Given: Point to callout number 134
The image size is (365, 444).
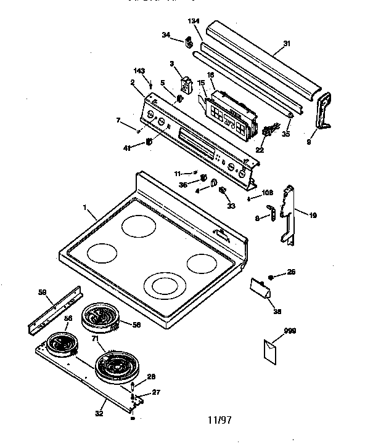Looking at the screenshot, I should click(x=194, y=22).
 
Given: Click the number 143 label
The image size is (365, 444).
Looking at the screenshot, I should click(x=139, y=71).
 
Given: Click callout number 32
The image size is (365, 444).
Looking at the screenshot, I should click(x=99, y=413).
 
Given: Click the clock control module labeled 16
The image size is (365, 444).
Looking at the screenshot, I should click(x=229, y=115).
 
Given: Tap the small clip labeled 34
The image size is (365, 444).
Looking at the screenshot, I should click(x=187, y=43).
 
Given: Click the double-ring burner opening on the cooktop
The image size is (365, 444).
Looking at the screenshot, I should click(x=163, y=286).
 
